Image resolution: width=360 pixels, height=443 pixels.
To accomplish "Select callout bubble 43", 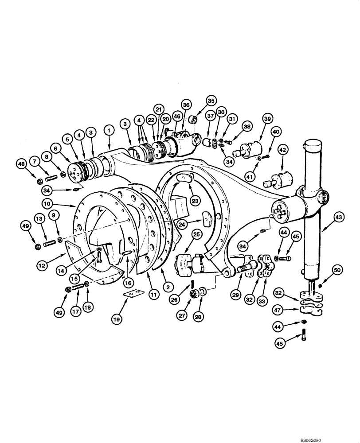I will (339, 217).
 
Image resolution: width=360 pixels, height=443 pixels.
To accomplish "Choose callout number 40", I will (276, 132).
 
